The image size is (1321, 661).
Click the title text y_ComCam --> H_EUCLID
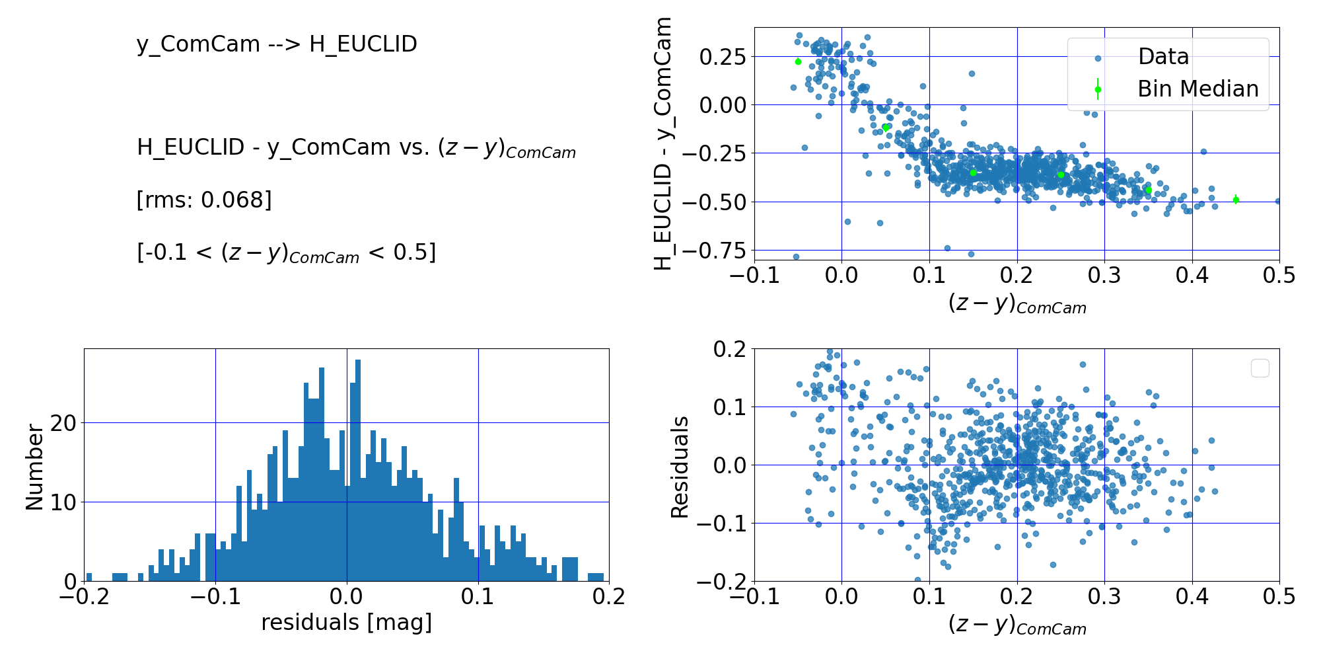(277, 44)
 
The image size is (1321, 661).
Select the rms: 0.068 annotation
(204, 200)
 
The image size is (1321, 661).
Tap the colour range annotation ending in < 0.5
(286, 253)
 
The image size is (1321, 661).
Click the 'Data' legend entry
(1162, 57)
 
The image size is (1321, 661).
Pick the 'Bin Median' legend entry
(1197, 89)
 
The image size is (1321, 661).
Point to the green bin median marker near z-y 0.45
(1236, 200)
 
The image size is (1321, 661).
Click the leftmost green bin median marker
(798, 61)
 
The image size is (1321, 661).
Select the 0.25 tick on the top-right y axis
(723, 56)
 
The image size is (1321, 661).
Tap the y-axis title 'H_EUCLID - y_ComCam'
(662, 144)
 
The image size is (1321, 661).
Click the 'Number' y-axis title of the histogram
(34, 467)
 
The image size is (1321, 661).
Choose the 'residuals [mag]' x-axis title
(346, 623)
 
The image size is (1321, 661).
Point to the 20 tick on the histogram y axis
(63, 423)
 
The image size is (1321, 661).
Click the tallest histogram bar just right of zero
(358, 471)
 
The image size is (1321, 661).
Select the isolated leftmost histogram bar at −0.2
(89, 577)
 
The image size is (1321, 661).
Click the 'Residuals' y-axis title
(680, 467)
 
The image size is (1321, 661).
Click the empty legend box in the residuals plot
(1260, 368)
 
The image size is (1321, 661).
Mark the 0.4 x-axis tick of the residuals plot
(1192, 598)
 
